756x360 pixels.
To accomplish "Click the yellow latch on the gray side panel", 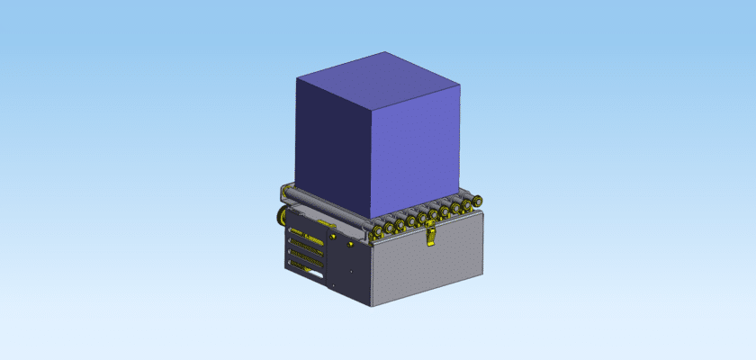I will click(x=431, y=236).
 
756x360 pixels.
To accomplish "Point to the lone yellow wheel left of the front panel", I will click(x=282, y=215).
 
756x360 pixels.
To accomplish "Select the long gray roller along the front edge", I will click(x=324, y=207).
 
